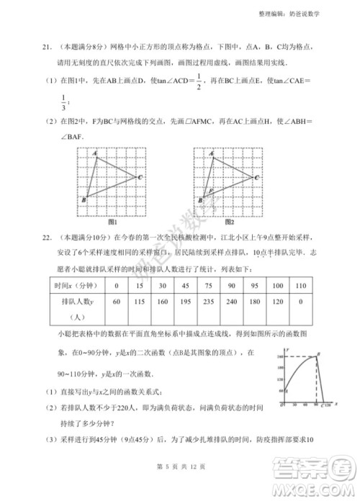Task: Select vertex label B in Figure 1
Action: (84, 199)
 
